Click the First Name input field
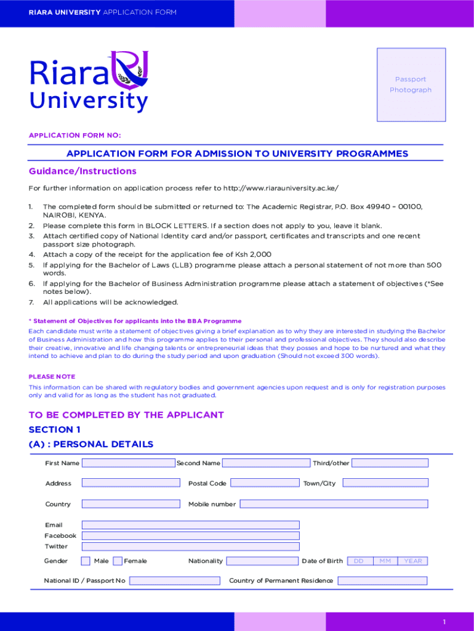[128, 463]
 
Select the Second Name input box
[266, 463]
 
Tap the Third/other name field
[390, 463]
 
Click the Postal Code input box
[264, 483]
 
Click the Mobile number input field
[334, 504]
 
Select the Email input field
[190, 525]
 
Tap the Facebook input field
[190, 535]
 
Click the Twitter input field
[190, 547]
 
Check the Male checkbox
[86, 561]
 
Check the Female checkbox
[118, 561]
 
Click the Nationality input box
[262, 561]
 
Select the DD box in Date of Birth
[358, 561]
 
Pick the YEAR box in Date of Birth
[412, 561]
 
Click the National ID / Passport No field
[174, 580]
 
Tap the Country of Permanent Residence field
[382, 580]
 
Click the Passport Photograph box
[411, 84]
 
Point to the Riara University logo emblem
[130, 68]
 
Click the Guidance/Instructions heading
[82, 171]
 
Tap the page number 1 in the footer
[444, 622]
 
